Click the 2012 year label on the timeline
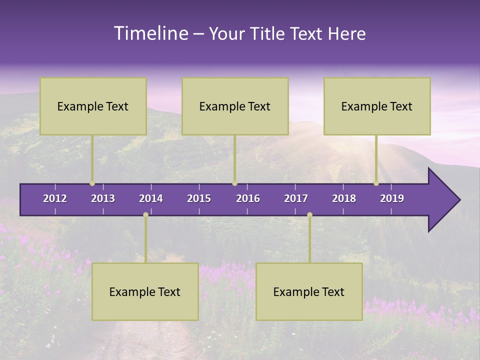pos(55,198)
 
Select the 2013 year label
pos(103,198)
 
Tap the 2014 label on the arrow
pos(151,198)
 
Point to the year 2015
pos(199,198)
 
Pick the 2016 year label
pos(248,198)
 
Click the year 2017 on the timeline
pos(296,198)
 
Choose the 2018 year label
pos(344,198)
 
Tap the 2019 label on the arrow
pos(392,198)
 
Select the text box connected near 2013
pos(93,106)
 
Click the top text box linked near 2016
pos(235,106)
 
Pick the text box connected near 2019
pos(377,106)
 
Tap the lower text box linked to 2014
pos(145,291)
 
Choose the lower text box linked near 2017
pos(309,291)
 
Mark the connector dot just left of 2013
pos(92,183)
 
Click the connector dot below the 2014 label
pos(145,214)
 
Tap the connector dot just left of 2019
pos(376,183)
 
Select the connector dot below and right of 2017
pos(309,214)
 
